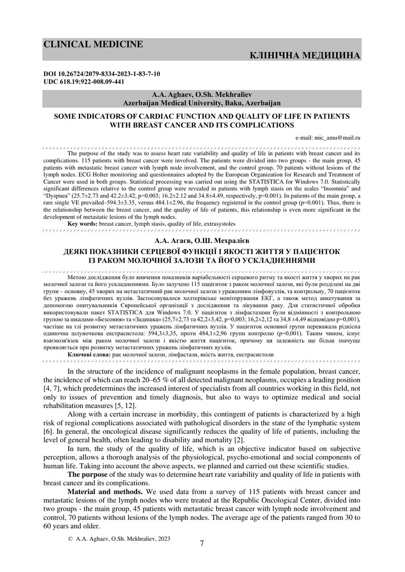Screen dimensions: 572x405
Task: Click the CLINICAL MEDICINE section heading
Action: (x=93, y=45)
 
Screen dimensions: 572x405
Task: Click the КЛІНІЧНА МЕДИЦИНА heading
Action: (x=305, y=55)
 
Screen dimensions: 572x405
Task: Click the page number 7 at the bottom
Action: (x=202, y=544)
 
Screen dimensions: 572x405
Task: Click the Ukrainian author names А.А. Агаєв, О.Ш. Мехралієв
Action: (x=201, y=239)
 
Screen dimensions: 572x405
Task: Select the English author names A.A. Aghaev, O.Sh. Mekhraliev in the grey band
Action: (x=201, y=95)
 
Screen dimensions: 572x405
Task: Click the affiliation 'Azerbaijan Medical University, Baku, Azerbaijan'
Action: (x=201, y=103)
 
